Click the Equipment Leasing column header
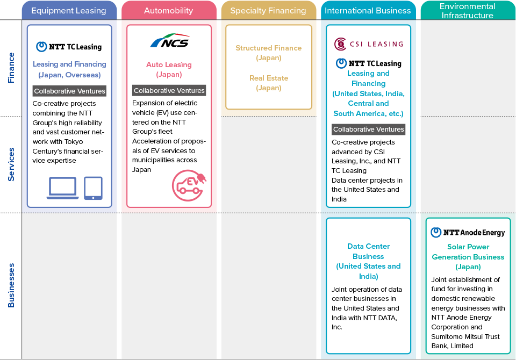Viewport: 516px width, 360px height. coord(69,11)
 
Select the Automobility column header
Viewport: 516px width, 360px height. coord(169,11)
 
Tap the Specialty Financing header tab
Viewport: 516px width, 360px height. coord(268,11)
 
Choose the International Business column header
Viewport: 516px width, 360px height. coord(368,11)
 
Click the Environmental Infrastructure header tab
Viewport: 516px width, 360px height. coord(468,11)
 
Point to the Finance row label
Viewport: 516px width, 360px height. coord(11,68)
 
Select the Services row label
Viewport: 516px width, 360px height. coord(11,164)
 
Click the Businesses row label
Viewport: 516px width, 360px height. coord(11,285)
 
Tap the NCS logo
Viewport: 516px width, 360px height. coord(170,41)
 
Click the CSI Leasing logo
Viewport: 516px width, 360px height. coord(369,44)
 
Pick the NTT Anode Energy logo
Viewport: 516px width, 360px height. coord(468,232)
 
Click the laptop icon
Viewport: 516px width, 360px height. coord(62,188)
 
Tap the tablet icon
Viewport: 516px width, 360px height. coord(93,188)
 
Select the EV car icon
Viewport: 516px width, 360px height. coord(189,185)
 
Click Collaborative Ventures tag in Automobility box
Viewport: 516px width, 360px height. coord(169,90)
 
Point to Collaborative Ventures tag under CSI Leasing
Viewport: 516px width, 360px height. coord(369,129)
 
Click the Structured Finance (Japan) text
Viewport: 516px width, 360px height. coord(269,53)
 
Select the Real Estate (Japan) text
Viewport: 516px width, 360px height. coord(269,83)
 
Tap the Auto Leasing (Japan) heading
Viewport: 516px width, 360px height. coord(169,69)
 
